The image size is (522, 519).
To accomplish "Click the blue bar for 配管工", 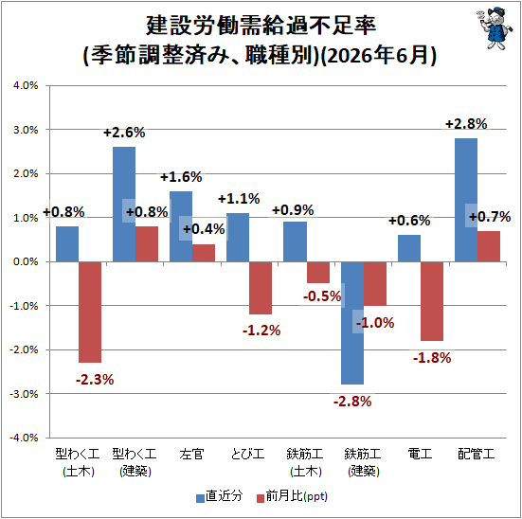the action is pos(466,200).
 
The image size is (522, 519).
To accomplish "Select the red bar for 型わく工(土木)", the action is pos(90,312).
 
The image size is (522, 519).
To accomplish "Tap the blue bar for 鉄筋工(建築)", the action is pos(352,323).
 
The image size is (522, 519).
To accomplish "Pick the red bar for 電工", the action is pos(432,301).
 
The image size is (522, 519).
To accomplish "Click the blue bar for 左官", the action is pos(181,226).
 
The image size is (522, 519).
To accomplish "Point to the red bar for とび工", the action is pos(261,288).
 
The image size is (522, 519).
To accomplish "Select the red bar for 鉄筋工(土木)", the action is pos(318,273).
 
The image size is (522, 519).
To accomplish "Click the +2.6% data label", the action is pos(124,133).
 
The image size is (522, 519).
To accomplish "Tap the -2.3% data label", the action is pos(95,380).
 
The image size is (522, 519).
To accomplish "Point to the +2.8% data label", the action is pos(466,124).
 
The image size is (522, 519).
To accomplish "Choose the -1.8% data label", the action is pos(432,358).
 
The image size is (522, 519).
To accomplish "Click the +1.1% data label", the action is pos(239,199).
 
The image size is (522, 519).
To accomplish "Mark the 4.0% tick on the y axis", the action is pos(26,85).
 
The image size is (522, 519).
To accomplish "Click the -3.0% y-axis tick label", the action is pos(24,394).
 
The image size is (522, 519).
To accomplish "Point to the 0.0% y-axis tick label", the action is pos(26,261).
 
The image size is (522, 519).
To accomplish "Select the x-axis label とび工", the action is pos(247,454).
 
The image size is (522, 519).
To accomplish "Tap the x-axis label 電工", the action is pos(420,454).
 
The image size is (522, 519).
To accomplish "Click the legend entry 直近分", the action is pos(220,496).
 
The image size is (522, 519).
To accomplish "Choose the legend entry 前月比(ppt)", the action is pos(293,496).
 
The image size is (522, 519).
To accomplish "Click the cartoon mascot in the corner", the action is pos(492,28).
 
